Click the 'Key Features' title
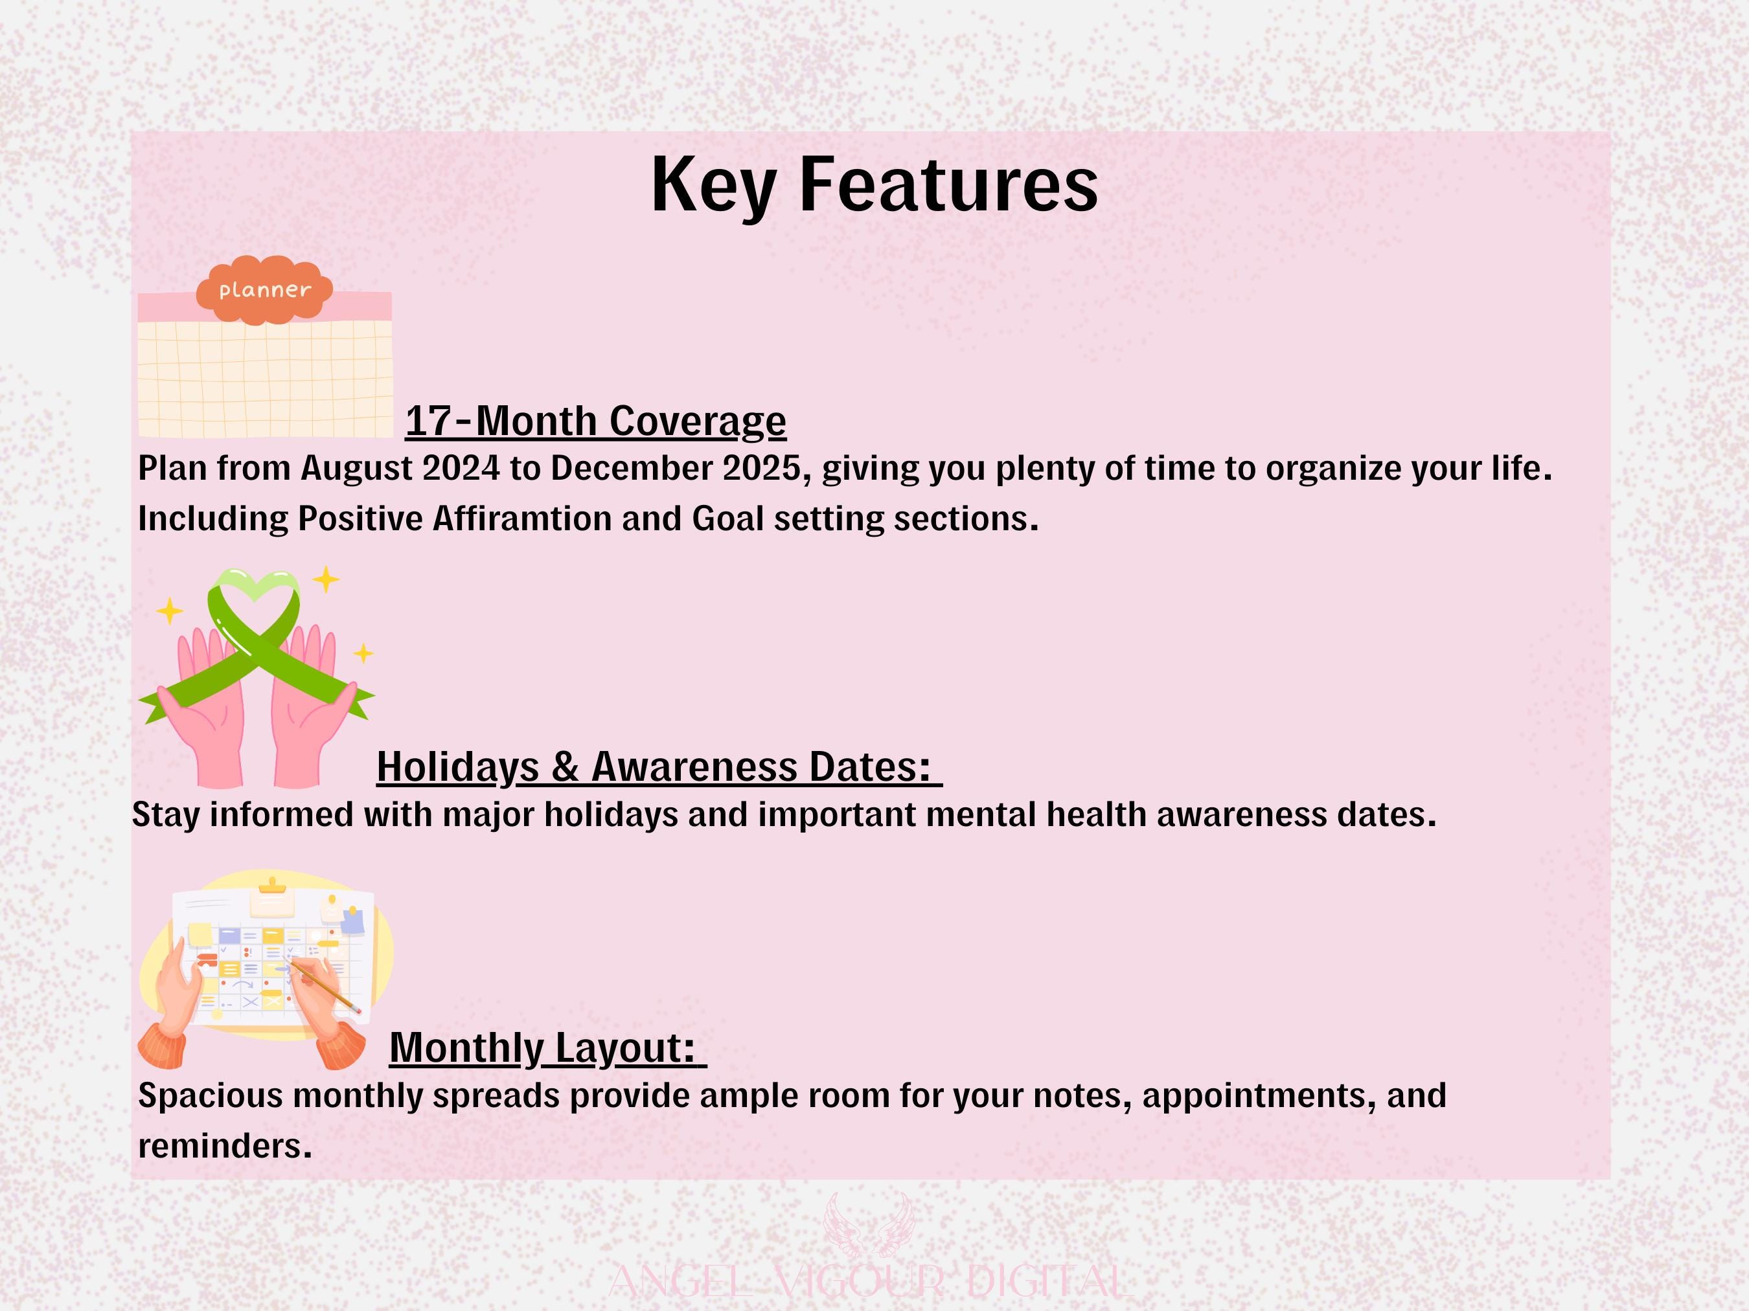874,186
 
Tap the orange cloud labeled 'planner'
265,290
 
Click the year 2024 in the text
461,468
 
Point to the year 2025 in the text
761,468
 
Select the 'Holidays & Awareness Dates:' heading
659,767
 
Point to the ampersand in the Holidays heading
565,767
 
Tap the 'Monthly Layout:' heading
548,1048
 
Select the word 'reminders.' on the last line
225,1146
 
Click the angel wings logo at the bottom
869,1224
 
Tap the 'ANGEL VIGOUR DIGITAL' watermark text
870,1282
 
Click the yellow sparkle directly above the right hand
326,580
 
